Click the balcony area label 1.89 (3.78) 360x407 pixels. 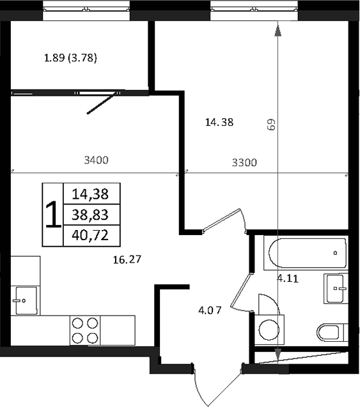[x=70, y=59]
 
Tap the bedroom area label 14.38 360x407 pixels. [x=219, y=123]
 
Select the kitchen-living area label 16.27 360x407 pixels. [x=126, y=259]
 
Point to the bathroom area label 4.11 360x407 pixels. [x=287, y=278]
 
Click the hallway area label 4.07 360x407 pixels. [x=210, y=311]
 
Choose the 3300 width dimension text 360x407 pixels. [x=244, y=162]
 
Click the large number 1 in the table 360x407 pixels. [x=53, y=215]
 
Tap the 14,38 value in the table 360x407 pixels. [x=90, y=192]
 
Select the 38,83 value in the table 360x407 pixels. [x=90, y=215]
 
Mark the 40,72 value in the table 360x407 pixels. [x=90, y=236]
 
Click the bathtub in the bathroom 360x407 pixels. [x=308, y=253]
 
